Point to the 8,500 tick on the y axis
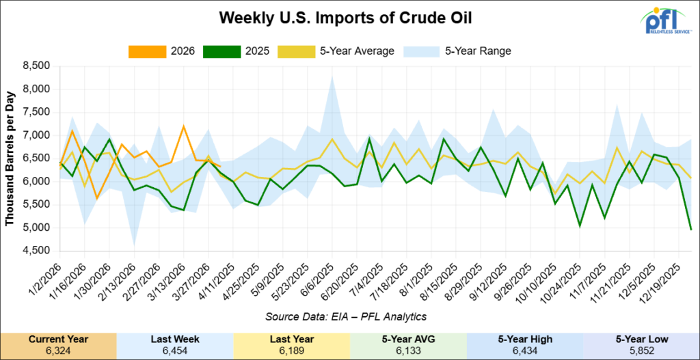point(36,66)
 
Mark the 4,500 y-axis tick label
point(36,251)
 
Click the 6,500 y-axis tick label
point(36,158)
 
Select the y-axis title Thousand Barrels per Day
point(10,158)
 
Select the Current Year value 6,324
point(58,351)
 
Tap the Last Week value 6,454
point(175,351)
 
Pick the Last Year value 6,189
point(291,351)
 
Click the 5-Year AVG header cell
point(408,340)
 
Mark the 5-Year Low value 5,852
point(641,351)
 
